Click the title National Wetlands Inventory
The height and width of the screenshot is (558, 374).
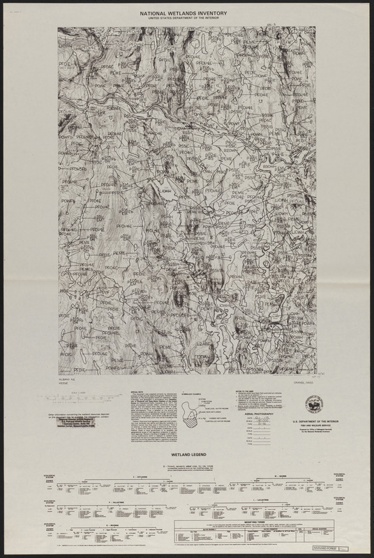(x=187, y=12)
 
